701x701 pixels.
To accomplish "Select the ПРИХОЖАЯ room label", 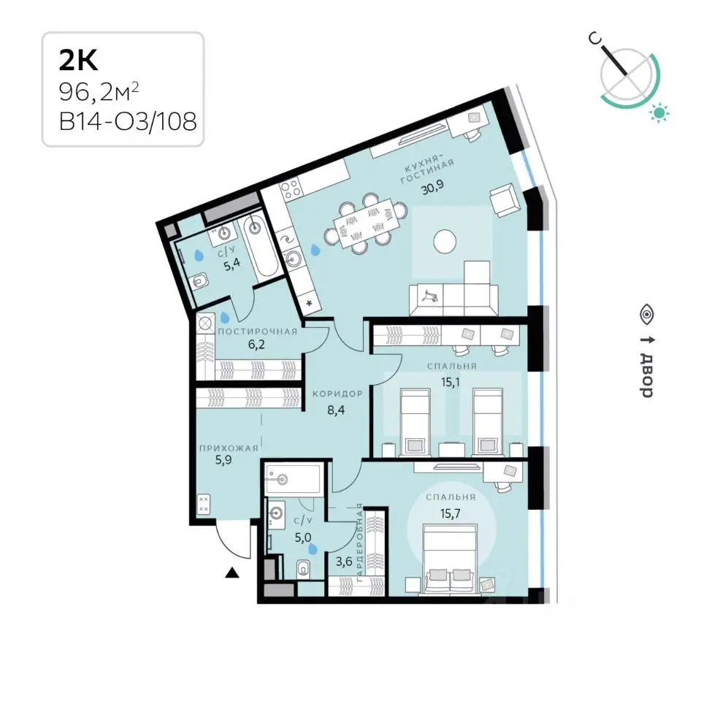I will point(227,448).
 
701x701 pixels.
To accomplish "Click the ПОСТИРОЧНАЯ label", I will point(258,332).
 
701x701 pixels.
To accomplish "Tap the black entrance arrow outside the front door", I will point(232,573).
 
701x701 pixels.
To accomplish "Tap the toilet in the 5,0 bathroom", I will point(304,569).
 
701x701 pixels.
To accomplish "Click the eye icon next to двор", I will point(646,315).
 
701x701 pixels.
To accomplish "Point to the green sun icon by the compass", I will point(660,112).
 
